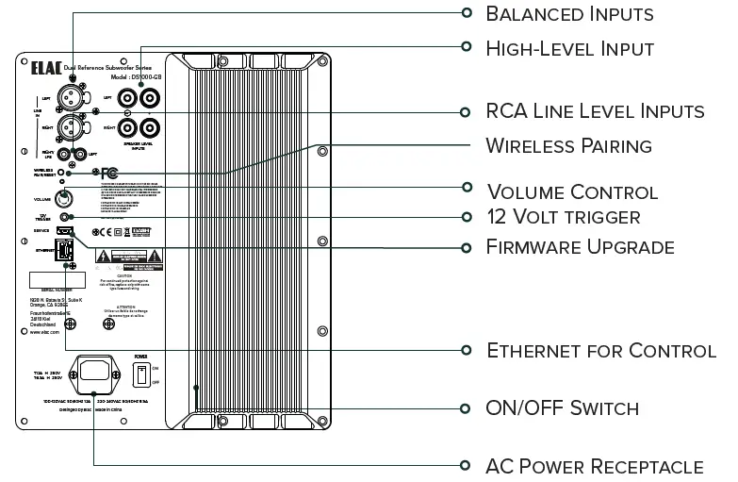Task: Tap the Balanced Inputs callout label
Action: click(x=568, y=13)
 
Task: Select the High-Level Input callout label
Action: click(x=569, y=47)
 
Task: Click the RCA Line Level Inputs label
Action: click(x=595, y=111)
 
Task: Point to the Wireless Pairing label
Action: click(x=568, y=146)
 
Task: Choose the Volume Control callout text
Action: click(x=571, y=191)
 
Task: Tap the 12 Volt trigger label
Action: click(x=563, y=217)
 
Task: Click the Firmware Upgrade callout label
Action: click(x=580, y=247)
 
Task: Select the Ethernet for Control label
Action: click(x=600, y=351)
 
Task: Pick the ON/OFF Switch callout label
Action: click(x=562, y=408)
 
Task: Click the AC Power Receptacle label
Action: click(x=594, y=466)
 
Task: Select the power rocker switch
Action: click(x=141, y=375)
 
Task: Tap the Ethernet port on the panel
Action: click(x=67, y=251)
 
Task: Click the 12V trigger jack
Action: click(x=66, y=218)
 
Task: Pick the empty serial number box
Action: click(x=57, y=280)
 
